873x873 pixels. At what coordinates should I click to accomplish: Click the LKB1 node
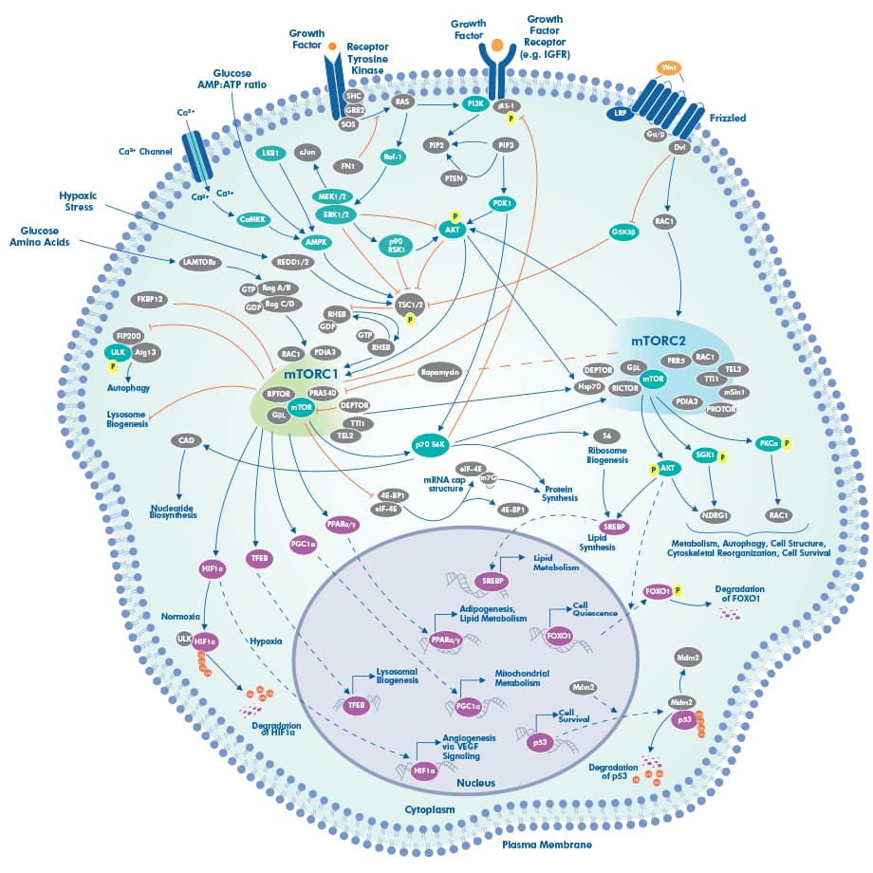point(269,152)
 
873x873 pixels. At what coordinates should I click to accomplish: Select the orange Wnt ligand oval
point(669,68)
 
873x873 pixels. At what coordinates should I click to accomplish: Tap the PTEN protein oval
point(454,177)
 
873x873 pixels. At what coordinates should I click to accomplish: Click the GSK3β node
point(623,232)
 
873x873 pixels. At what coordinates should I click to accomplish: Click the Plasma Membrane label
point(546,844)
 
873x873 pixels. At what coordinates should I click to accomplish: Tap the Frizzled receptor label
point(727,119)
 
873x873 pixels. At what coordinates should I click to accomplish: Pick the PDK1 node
point(503,203)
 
